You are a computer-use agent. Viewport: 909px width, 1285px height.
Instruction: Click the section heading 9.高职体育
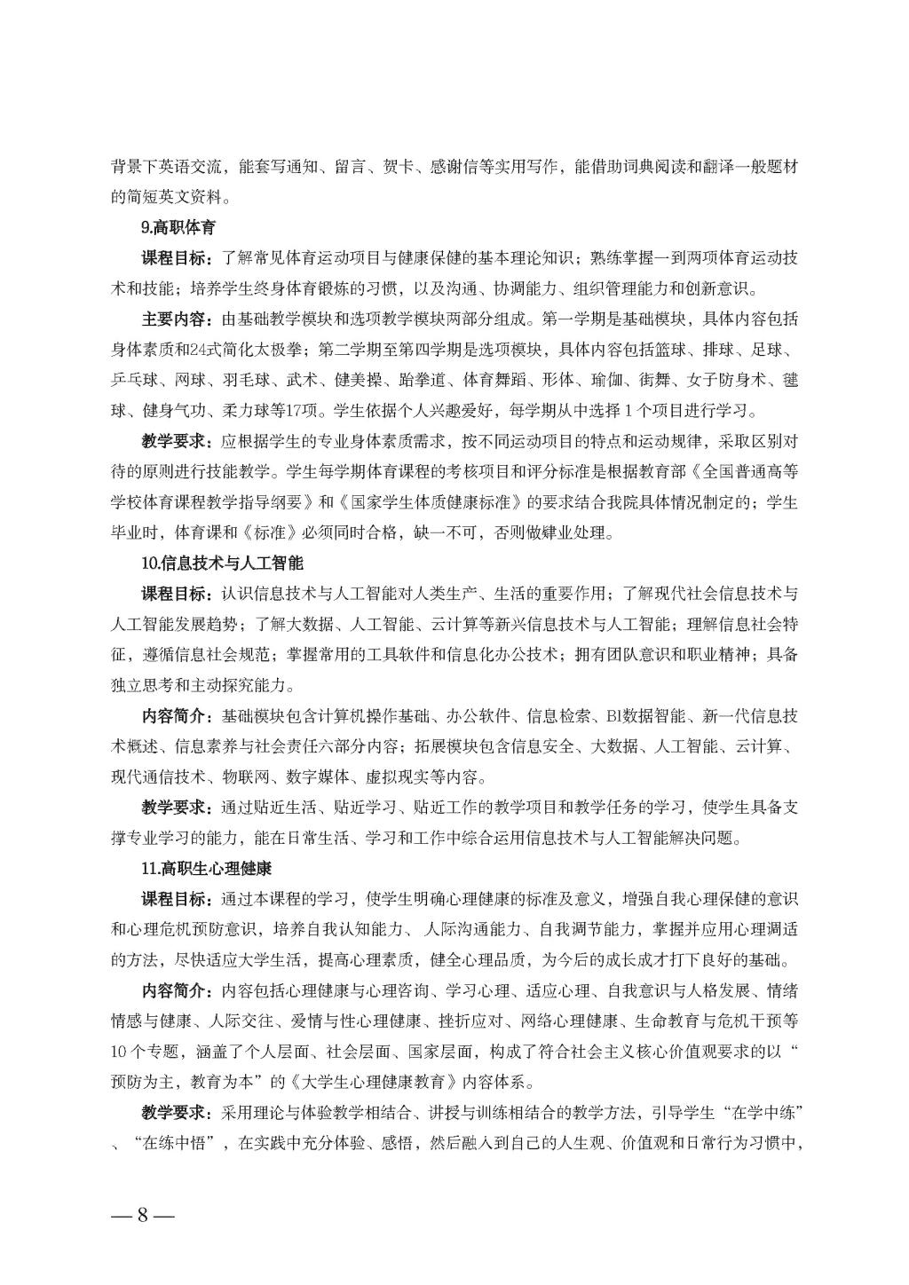click(178, 227)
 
